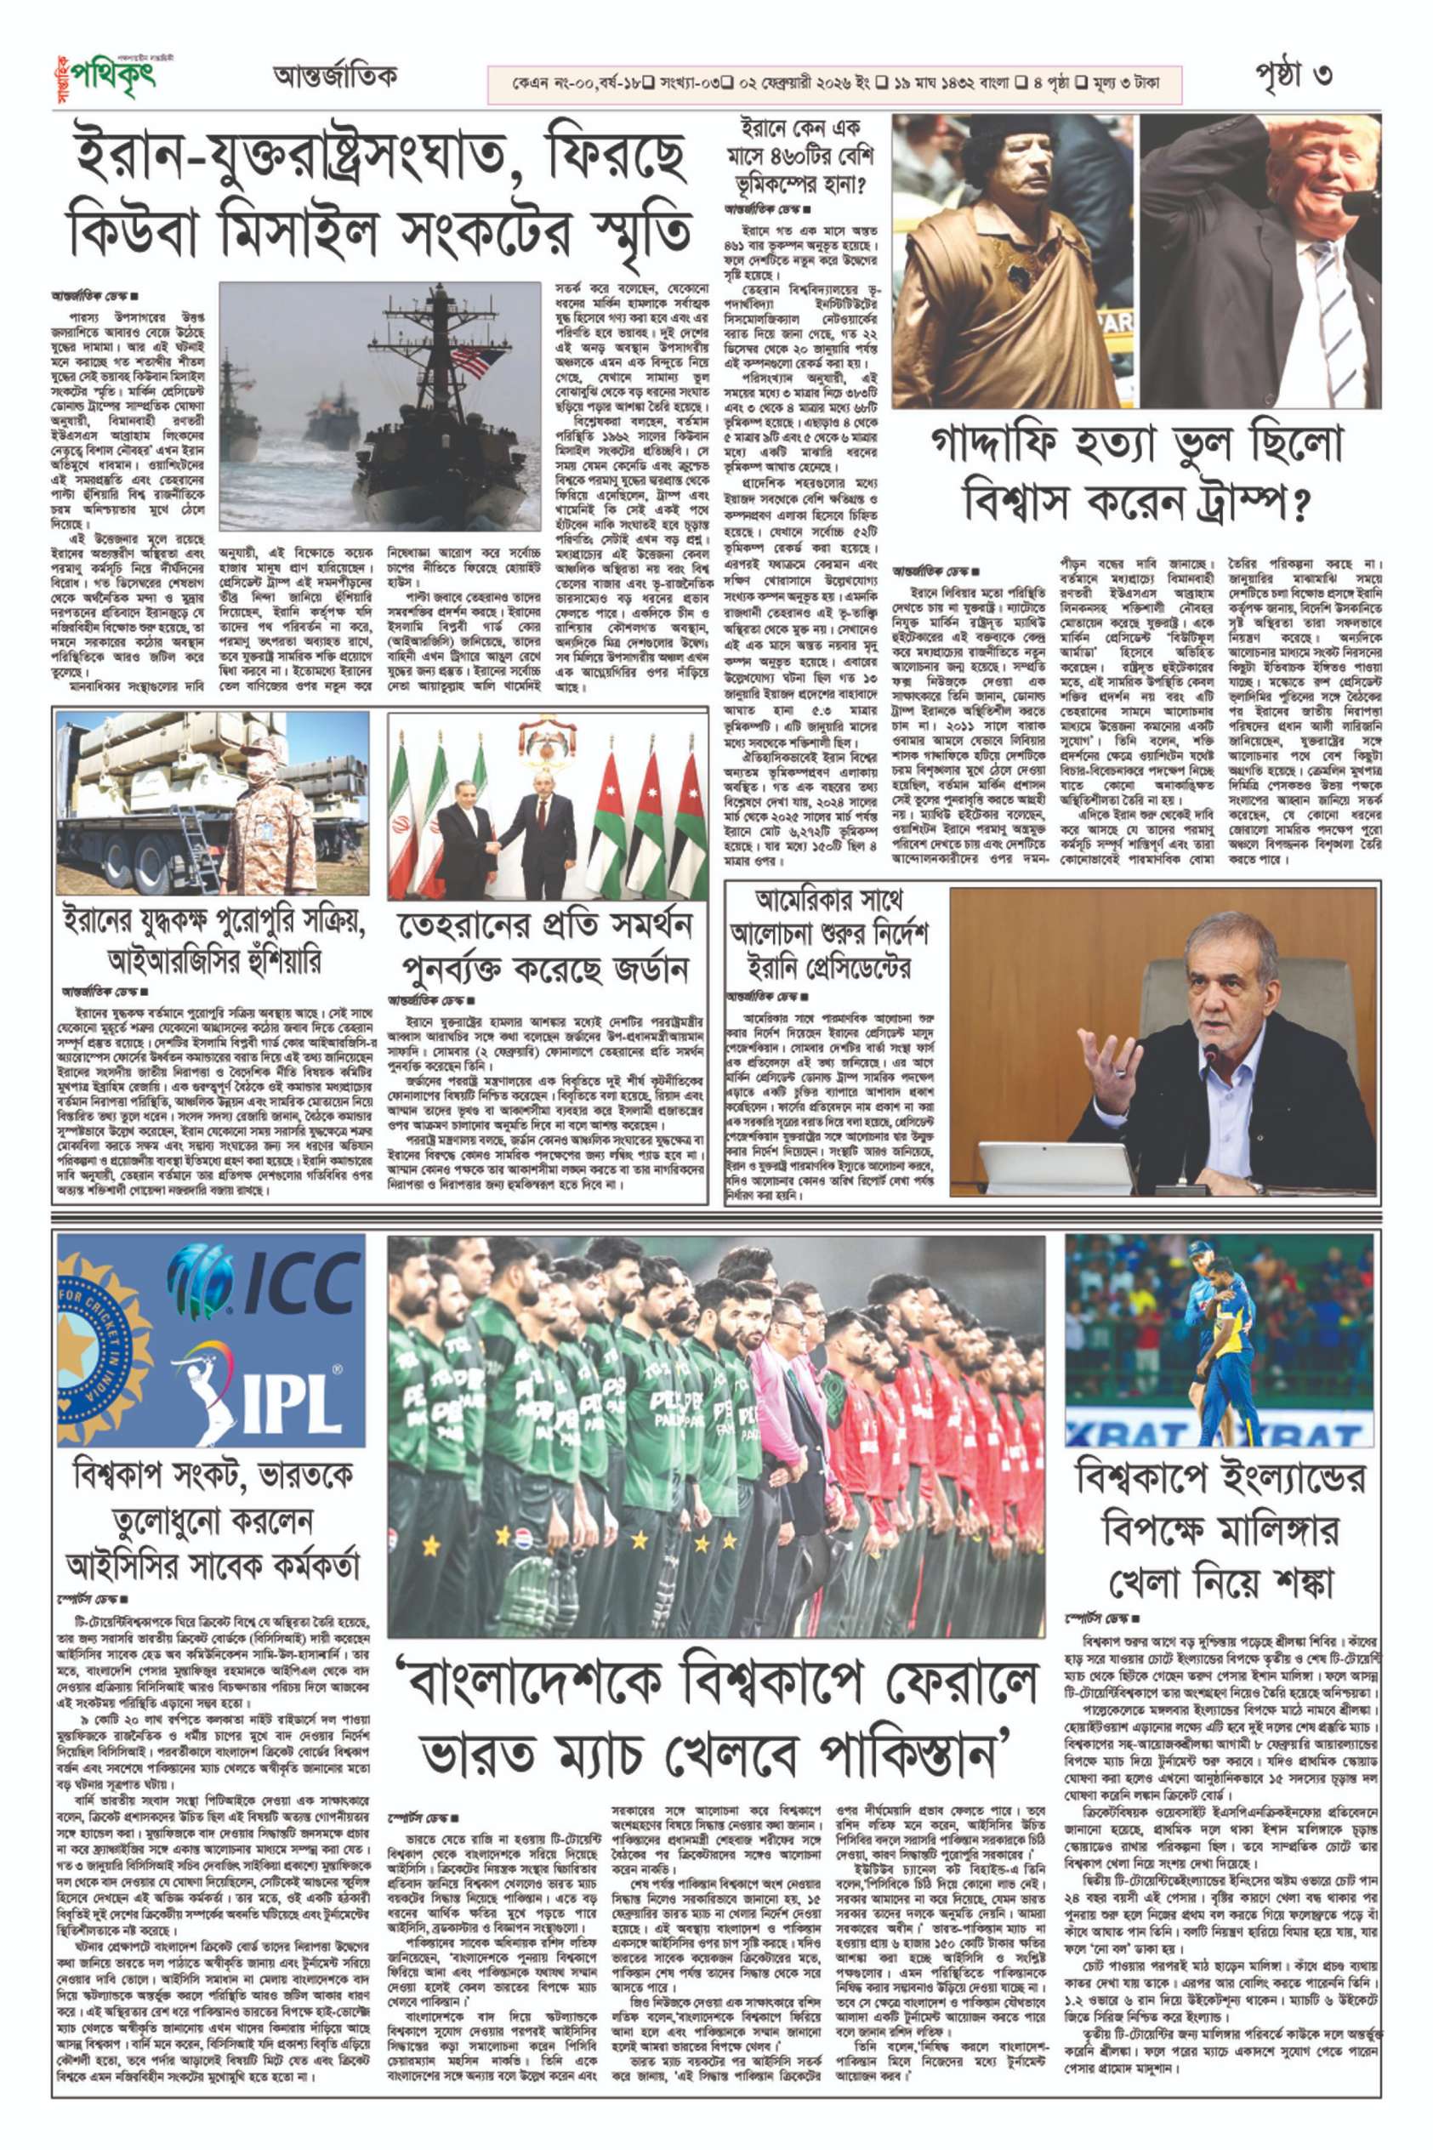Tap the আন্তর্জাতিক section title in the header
click(334, 77)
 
